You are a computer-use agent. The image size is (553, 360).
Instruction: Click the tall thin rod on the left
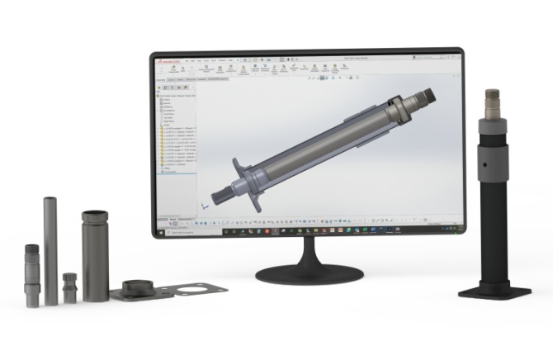click(51, 248)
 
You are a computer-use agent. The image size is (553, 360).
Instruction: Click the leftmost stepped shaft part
click(32, 275)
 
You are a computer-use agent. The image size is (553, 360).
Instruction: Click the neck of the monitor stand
click(310, 249)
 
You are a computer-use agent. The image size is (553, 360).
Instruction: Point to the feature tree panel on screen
click(177, 140)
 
